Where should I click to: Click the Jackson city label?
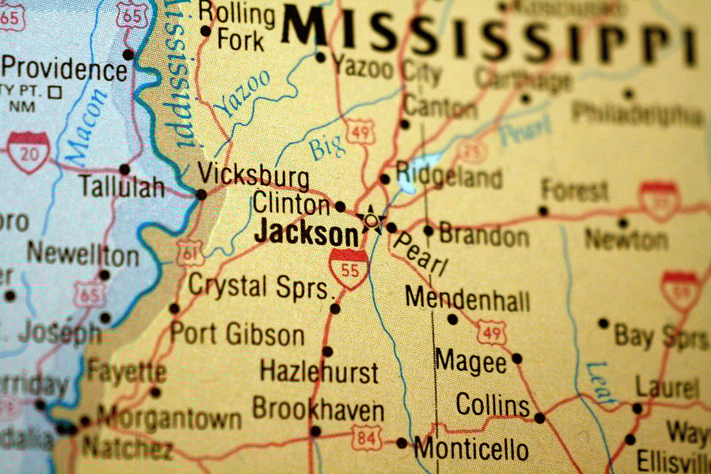pos(306,233)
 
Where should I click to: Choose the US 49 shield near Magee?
pos(491,333)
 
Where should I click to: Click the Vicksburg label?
pos(254,175)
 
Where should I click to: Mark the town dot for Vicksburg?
pos(201,195)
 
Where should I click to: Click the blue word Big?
pos(326,147)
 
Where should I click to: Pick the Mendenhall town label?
pos(467,299)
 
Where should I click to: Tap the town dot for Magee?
pos(517,358)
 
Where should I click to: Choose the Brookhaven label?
pos(318,409)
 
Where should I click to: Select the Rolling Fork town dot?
pos(206,32)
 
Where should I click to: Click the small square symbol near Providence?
pos(56,92)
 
